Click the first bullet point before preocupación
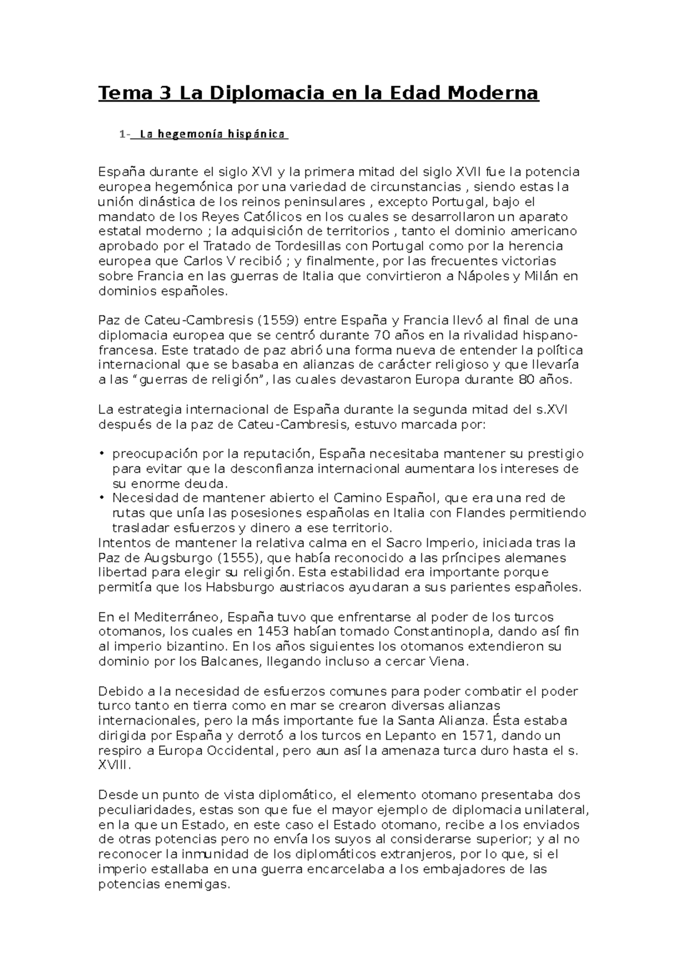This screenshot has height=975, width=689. click(102, 454)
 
